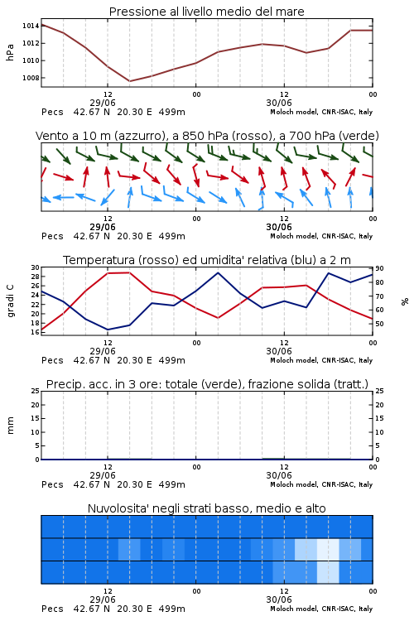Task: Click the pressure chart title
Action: [206, 12]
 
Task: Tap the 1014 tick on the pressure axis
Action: [31, 26]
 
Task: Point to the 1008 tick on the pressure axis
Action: [31, 78]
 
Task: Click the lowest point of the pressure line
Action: [129, 81]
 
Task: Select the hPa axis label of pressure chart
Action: [10, 52]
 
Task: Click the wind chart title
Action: [207, 136]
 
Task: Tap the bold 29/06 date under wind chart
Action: [103, 227]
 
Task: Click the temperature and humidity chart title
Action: [207, 260]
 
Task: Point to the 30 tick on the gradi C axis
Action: [36, 267]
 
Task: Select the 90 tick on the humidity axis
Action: [379, 268]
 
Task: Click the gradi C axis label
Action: [11, 301]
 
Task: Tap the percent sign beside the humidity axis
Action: [405, 301]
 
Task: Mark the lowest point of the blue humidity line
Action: [108, 330]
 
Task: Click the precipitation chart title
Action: [207, 384]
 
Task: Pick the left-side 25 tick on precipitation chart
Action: [36, 392]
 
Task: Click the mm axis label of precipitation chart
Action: [11, 426]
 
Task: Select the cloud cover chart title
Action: [207, 508]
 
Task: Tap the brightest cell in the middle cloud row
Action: [328, 549]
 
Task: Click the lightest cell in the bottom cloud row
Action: [328, 572]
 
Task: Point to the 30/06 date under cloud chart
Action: [279, 599]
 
